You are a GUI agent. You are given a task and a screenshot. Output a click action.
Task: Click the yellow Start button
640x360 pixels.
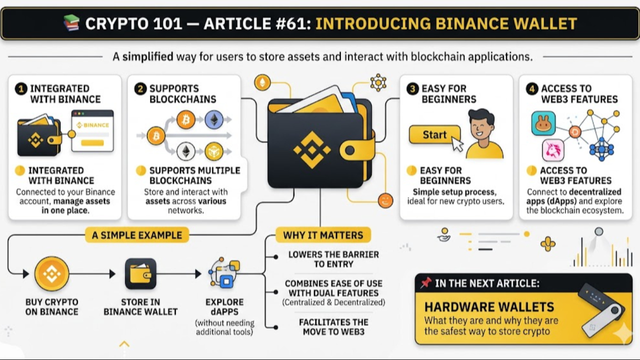point(434,134)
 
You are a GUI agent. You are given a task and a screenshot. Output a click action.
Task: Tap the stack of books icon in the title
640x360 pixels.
point(71,23)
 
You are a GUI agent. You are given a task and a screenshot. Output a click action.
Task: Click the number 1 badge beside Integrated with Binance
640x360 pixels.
point(21,89)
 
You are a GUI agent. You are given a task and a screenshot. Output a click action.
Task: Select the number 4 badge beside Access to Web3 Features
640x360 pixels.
point(531,89)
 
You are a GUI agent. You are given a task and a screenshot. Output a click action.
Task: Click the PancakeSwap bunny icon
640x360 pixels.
point(543,123)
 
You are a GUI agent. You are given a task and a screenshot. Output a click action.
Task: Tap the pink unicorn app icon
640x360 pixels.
point(553,150)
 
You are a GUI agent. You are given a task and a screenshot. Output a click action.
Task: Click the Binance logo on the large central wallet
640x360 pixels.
point(311,149)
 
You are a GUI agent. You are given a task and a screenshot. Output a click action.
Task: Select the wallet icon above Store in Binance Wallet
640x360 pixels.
point(140,273)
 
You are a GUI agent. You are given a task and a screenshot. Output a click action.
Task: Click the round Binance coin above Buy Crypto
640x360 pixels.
point(52,273)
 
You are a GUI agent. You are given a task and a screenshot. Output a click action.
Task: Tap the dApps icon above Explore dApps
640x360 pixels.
point(224,273)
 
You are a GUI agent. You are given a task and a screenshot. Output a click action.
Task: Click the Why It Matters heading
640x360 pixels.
point(323,235)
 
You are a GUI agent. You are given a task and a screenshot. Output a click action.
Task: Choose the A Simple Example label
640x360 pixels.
point(137,235)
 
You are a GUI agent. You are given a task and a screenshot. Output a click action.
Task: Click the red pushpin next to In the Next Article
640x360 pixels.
point(425,283)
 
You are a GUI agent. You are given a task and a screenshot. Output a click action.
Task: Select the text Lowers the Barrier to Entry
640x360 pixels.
point(333,259)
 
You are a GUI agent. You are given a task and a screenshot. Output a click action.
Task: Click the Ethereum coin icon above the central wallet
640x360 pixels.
point(262,82)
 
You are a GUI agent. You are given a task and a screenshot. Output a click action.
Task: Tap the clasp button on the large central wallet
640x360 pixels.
point(350,150)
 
